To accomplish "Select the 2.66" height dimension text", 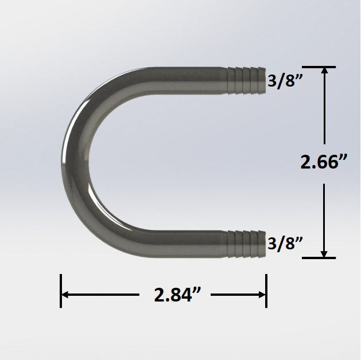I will (x=325, y=163).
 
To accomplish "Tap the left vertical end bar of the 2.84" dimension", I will (x=61, y=291).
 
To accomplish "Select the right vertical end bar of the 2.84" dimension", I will (x=266, y=291).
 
